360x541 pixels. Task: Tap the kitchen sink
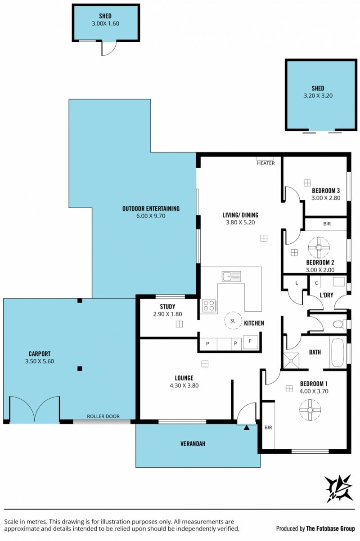point(231,276)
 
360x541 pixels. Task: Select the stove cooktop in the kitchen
point(209,305)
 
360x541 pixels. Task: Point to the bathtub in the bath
point(337,353)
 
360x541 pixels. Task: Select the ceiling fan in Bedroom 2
point(319,247)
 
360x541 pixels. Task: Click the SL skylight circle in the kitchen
point(233,321)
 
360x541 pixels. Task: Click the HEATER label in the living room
point(266,163)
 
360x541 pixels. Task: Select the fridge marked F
point(250,342)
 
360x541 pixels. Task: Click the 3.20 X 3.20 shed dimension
point(318,96)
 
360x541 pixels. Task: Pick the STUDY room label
point(167,307)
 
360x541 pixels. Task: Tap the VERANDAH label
point(193,444)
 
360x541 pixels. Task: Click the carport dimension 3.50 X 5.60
point(40,361)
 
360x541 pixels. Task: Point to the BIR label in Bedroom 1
point(268,428)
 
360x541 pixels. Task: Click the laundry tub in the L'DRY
point(339,282)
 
